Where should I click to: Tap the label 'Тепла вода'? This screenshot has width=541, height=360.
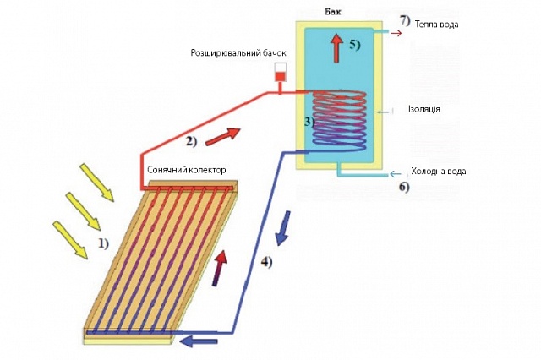click(x=438, y=25)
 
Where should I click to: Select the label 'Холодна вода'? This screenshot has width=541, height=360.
click(x=438, y=171)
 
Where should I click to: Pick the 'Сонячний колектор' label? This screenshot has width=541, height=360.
click(x=187, y=170)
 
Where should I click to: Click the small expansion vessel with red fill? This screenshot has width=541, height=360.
click(x=280, y=74)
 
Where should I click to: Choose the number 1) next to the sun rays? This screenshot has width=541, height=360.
click(x=104, y=244)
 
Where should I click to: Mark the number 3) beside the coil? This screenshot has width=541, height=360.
click(x=309, y=121)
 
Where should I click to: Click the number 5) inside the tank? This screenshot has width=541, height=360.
click(x=355, y=43)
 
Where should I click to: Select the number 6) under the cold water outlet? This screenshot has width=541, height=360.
click(x=403, y=187)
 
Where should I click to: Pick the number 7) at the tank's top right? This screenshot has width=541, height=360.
click(x=404, y=19)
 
